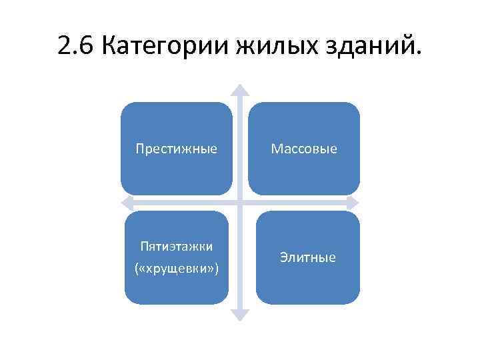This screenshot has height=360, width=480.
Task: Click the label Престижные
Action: pos(176,148)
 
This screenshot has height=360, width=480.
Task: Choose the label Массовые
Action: pos(304,148)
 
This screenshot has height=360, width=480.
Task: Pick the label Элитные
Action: pos(308,257)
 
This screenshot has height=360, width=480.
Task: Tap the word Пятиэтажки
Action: pos(177,247)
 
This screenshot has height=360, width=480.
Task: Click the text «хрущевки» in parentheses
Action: pos(177,268)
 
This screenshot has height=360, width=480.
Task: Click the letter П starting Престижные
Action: pos(139,148)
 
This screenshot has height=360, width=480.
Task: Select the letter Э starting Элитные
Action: pos(283,257)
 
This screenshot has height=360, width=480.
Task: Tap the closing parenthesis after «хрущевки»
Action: pos(216,268)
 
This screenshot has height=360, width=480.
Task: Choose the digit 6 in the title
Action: pos(87,47)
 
